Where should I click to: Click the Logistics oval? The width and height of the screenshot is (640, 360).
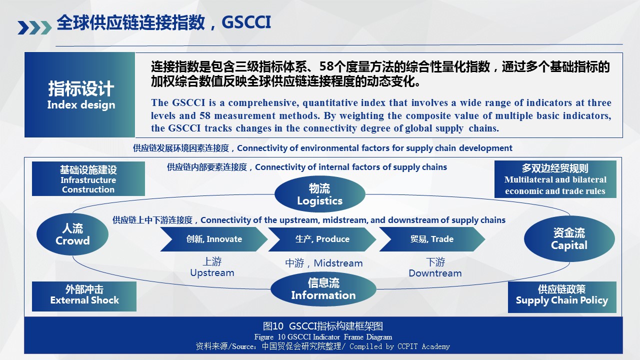[319, 194]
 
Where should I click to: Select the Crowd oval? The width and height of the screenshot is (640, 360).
[72, 234]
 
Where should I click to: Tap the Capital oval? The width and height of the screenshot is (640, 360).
[569, 239]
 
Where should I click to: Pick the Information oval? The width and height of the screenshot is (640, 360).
[323, 289]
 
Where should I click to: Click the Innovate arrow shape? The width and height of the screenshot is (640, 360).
[214, 239]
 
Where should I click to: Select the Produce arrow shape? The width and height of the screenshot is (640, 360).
[322, 239]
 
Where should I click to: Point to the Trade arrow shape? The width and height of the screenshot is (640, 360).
[432, 239]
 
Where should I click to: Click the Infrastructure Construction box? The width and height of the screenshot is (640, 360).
[88, 179]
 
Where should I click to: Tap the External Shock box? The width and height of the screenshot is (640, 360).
[84, 296]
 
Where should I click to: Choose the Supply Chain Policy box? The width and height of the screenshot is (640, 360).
[562, 297]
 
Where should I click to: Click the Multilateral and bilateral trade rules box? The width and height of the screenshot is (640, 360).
[555, 179]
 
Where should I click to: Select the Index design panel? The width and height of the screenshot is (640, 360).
[79, 94]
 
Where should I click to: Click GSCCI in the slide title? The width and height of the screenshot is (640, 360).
[246, 22]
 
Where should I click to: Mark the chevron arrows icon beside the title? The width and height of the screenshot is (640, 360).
[34, 27]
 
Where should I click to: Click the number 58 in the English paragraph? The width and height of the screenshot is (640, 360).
[205, 115]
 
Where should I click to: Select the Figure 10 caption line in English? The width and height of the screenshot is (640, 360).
[323, 337]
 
